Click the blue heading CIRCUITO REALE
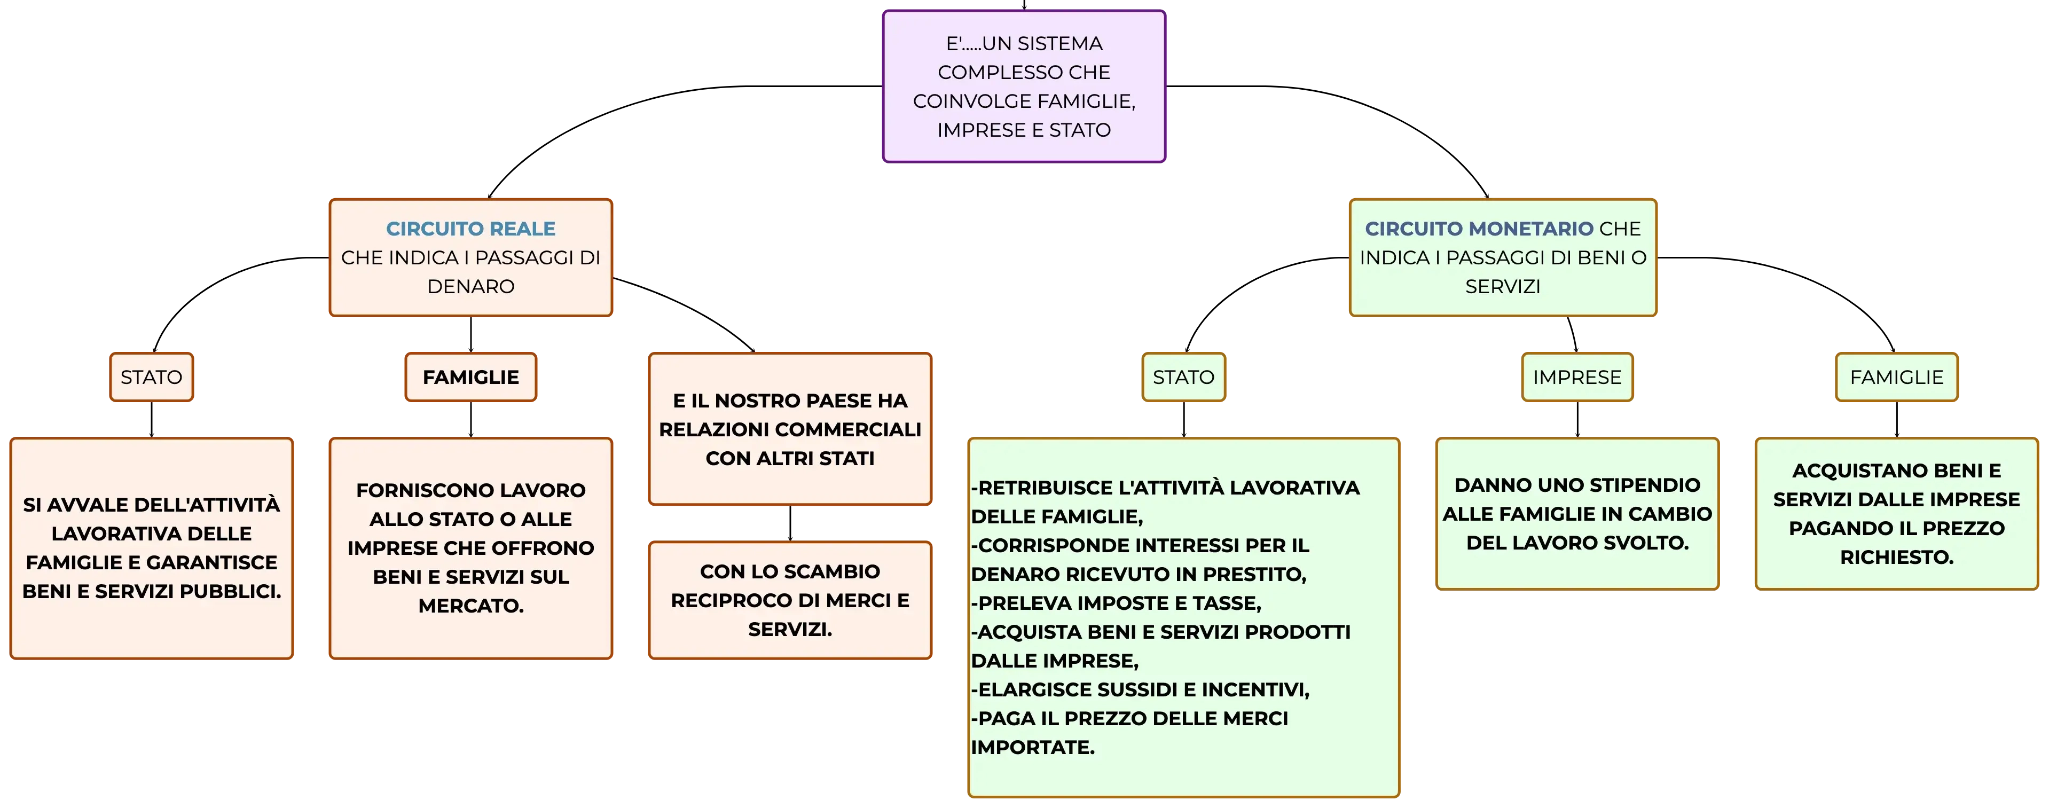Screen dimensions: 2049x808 click(x=471, y=229)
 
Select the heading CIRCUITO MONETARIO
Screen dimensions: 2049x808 click(x=1479, y=229)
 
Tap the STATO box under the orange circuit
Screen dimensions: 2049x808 click(x=151, y=377)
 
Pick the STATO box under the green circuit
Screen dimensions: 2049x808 click(x=1183, y=377)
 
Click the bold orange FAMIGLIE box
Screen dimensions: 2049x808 click(x=471, y=377)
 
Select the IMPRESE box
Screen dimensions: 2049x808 click(x=1577, y=377)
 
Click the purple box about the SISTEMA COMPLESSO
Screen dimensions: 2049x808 click(x=1024, y=87)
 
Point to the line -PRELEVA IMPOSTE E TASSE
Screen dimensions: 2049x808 click(x=1116, y=603)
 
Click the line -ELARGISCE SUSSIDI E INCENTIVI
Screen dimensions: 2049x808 click(x=1140, y=689)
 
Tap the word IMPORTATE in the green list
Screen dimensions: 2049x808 click(x=1032, y=748)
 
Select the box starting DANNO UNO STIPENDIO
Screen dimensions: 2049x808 click(x=1577, y=514)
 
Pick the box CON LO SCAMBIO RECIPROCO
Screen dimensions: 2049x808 click(x=790, y=600)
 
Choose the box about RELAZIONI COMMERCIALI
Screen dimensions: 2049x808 click(x=790, y=429)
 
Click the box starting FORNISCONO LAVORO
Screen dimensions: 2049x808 click(x=471, y=548)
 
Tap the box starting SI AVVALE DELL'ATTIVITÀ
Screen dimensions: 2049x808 click(x=151, y=548)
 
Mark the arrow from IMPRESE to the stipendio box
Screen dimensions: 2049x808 click(x=1577, y=420)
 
